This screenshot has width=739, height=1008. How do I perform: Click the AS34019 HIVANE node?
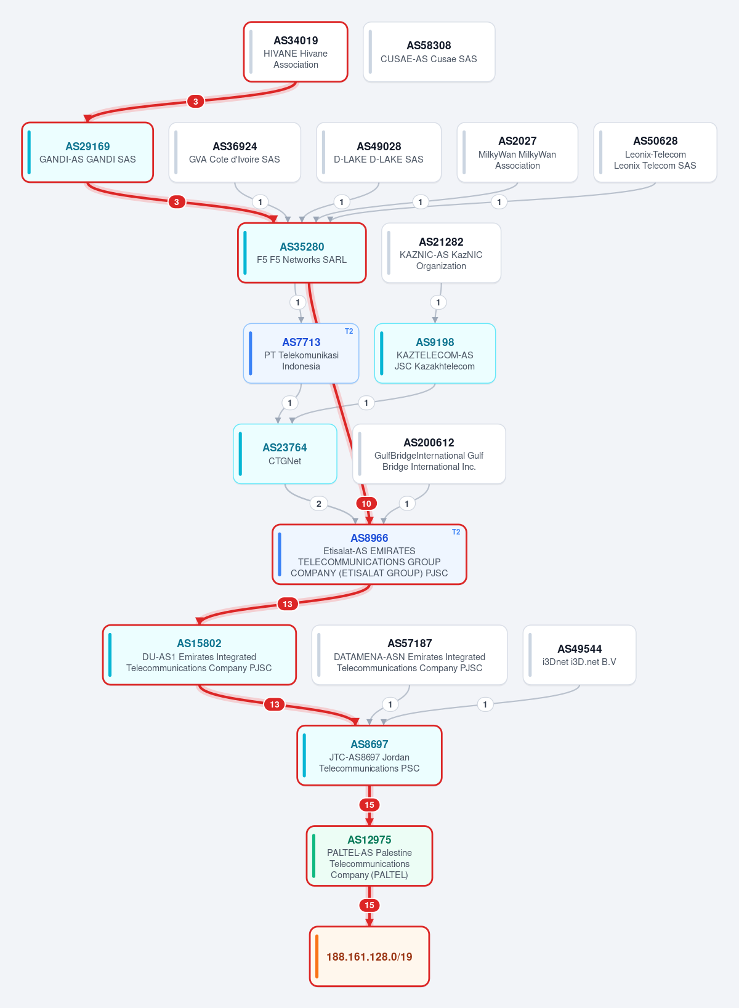296,52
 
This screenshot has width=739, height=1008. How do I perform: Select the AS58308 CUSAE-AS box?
429,52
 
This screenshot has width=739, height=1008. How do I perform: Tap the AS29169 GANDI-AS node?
87,153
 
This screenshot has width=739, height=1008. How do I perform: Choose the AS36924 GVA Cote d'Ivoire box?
235,153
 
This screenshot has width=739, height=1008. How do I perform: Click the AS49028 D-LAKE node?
379,153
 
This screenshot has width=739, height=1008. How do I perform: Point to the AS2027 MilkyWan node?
517,153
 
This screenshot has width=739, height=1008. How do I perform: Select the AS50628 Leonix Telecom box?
655,153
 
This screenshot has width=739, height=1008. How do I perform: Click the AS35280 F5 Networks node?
302,253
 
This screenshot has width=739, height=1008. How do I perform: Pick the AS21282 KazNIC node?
441,253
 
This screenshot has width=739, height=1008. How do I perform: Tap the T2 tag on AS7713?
349,331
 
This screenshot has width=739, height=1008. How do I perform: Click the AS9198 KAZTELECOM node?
435,353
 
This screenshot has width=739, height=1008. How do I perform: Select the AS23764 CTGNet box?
285,454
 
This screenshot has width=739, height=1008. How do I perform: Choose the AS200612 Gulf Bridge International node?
429,454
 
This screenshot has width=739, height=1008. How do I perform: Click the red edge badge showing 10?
366,504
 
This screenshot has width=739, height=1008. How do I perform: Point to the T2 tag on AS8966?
456,532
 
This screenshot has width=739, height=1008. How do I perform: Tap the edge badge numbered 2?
318,504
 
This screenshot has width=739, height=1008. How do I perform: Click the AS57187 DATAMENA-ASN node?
410,655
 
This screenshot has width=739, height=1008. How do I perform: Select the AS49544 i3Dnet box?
579,655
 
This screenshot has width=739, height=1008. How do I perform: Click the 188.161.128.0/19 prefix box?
369,956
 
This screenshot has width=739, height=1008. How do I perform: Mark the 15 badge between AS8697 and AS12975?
369,805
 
